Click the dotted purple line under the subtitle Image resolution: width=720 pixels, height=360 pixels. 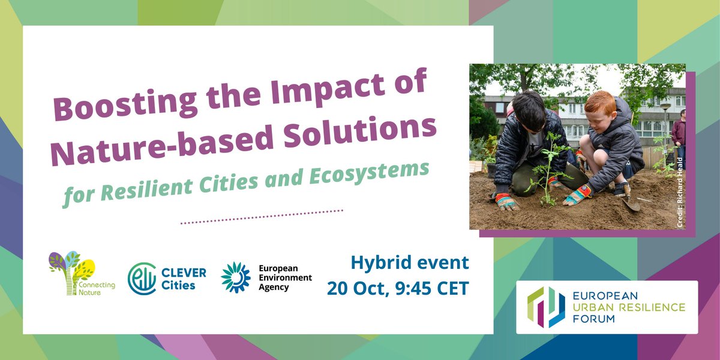pyautogui.click(x=262, y=217)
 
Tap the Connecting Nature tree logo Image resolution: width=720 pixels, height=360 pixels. pyautogui.click(x=71, y=274)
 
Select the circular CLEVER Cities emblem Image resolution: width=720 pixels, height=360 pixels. pyautogui.click(x=142, y=278)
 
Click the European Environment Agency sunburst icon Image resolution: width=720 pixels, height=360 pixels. pyautogui.click(x=235, y=277)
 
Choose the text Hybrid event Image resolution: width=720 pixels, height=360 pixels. pyautogui.click(x=410, y=262)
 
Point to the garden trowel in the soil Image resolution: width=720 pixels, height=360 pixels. pyautogui.click(x=630, y=205)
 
